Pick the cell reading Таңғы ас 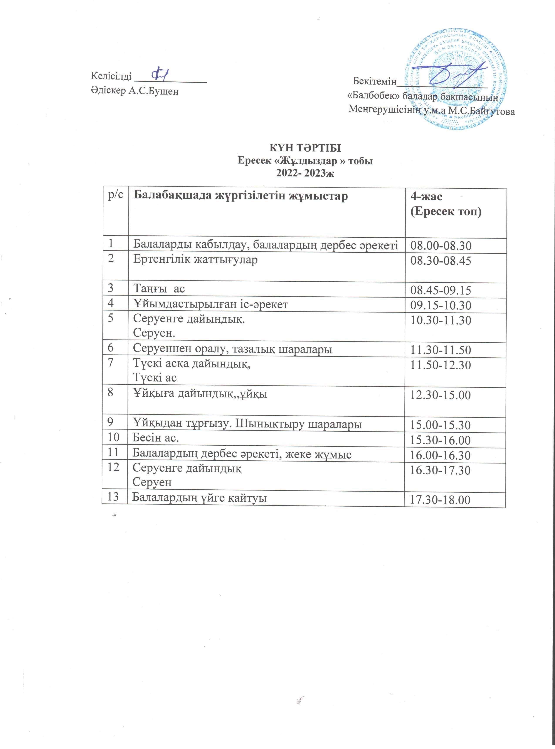[159, 288]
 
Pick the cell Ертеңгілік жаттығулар [195, 260]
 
